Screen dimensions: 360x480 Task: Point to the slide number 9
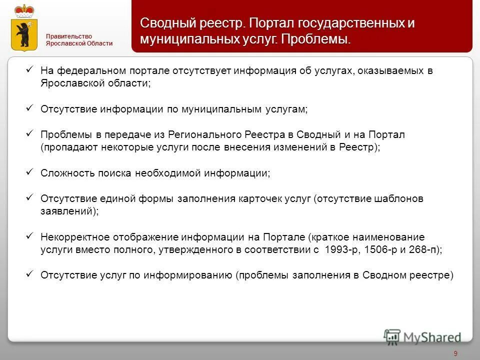[455, 353]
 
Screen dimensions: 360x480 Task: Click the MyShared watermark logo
[423, 336]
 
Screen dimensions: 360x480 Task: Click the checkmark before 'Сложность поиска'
[29, 172]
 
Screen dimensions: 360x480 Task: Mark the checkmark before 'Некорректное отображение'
[29, 236]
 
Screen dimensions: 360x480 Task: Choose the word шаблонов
[399, 198]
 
